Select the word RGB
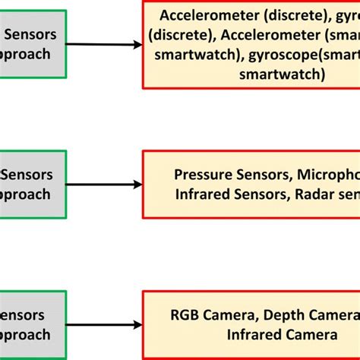[185, 315]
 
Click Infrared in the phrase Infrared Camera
[254, 335]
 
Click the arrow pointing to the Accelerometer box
[106, 45]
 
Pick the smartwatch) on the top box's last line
[282, 74]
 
